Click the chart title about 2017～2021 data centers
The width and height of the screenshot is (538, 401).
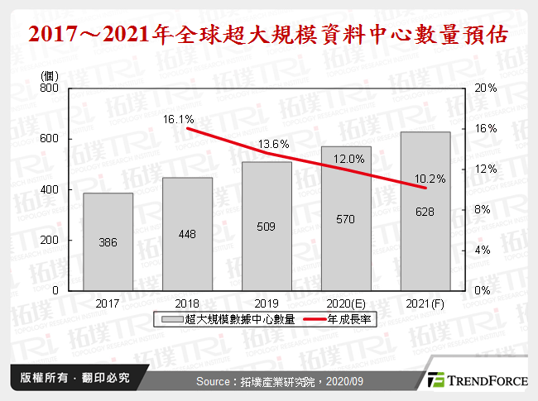[268, 37]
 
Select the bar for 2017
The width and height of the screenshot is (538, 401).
[108, 241]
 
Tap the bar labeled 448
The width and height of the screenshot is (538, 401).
[187, 234]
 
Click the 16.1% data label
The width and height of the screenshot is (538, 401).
[179, 119]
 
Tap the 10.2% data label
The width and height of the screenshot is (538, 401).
[430, 178]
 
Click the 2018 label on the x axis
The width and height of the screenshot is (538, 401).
[187, 303]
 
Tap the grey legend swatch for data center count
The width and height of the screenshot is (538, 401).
[173, 319]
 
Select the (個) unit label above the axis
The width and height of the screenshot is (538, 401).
[50, 75]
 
